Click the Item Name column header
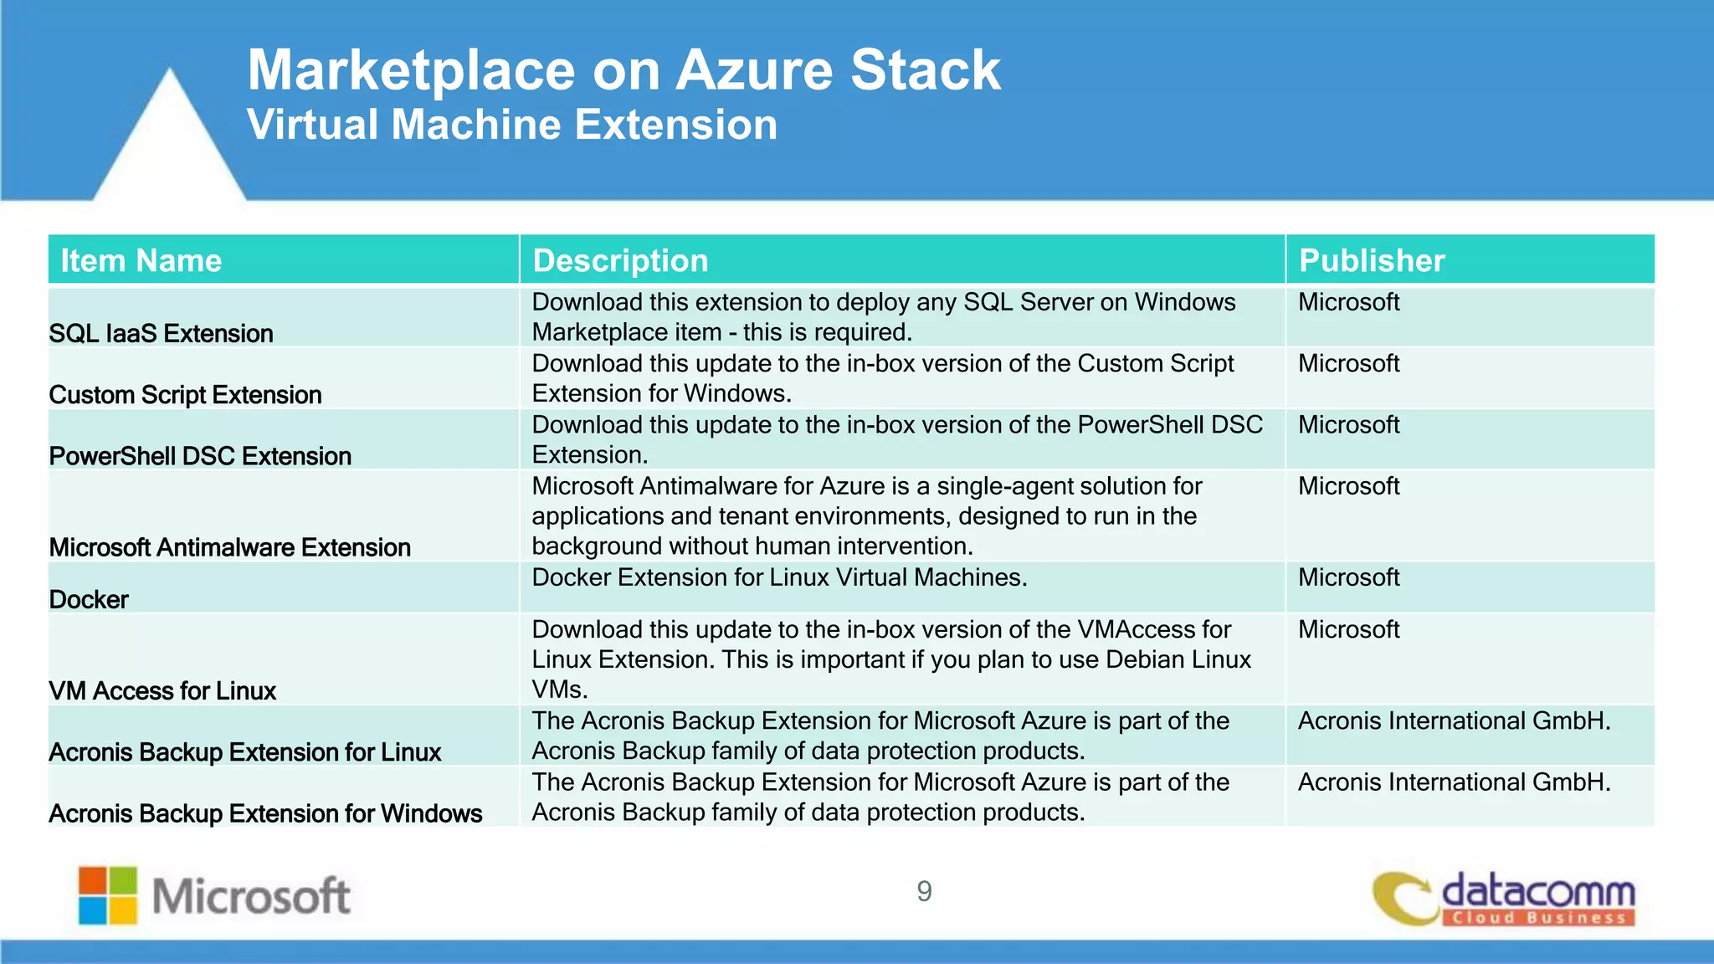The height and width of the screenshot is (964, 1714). pyautogui.click(x=141, y=261)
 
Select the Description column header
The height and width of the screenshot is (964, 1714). pyautogui.click(x=620, y=261)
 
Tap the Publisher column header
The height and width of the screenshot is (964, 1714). pyautogui.click(x=1371, y=261)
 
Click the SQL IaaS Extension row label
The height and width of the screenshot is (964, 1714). pyautogui.click(x=161, y=334)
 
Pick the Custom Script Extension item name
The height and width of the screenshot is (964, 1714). pyautogui.click(x=185, y=395)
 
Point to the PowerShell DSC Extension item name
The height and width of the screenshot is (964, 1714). pyautogui.click(x=200, y=456)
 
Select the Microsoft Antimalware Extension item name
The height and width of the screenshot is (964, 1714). pyautogui.click(x=229, y=547)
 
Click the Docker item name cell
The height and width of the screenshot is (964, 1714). pyautogui.click(x=89, y=600)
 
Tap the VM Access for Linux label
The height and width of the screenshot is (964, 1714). pyautogui.click(x=162, y=691)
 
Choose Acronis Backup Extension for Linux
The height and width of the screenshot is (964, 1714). pyautogui.click(x=244, y=752)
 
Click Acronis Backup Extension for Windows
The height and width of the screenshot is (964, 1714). pyautogui.click(x=265, y=813)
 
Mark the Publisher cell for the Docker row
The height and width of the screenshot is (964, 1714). pyautogui.click(x=1348, y=577)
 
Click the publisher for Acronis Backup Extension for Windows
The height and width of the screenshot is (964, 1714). pyautogui.click(x=1454, y=782)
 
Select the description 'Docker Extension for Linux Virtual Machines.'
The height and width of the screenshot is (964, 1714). pyautogui.click(x=779, y=577)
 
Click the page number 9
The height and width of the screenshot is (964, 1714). pyautogui.click(x=924, y=891)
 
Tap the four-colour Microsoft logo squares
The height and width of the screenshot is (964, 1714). pyautogui.click(x=108, y=895)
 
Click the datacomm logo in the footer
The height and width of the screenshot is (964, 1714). pyautogui.click(x=1504, y=899)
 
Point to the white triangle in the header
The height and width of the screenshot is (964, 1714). pyautogui.click(x=170, y=142)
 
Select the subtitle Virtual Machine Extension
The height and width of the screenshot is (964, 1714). pyautogui.click(x=511, y=125)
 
